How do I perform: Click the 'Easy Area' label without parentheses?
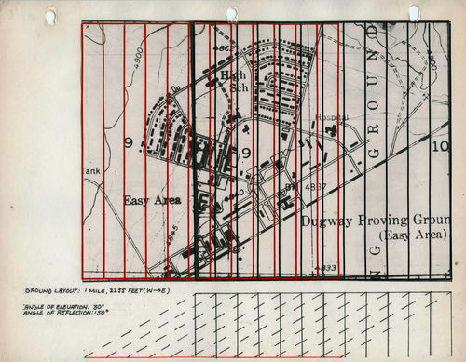[151, 200]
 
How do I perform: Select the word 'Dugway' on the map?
[333, 221]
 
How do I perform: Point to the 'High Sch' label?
[233, 81]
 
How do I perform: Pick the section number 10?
[441, 146]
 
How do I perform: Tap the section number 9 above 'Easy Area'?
[128, 142]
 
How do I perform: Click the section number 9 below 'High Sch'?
[246, 153]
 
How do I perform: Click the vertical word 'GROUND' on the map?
[376, 102]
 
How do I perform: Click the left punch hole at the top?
[49, 15]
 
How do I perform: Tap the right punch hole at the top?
[413, 12]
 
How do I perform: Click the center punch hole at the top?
[231, 13]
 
